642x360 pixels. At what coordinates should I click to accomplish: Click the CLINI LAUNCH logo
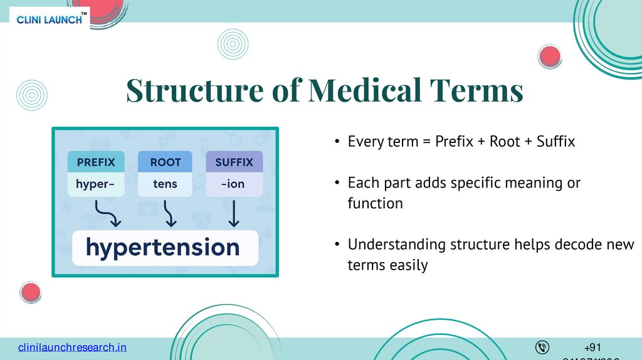[x=51, y=19]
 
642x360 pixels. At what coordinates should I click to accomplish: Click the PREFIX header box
[x=96, y=162]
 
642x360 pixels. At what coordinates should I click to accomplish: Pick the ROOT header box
[x=165, y=162]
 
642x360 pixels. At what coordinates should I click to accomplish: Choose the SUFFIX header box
[x=234, y=162]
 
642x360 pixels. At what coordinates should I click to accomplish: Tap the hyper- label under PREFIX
[x=96, y=184]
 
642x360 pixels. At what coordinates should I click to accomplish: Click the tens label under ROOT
[x=165, y=184]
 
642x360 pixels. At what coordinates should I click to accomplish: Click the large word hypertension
[x=163, y=247]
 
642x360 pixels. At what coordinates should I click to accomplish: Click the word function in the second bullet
[x=375, y=203]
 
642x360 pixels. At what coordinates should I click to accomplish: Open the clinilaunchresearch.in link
[x=72, y=347]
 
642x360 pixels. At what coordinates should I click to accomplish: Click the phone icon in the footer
[x=542, y=347]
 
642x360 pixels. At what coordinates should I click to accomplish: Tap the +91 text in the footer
[x=592, y=347]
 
